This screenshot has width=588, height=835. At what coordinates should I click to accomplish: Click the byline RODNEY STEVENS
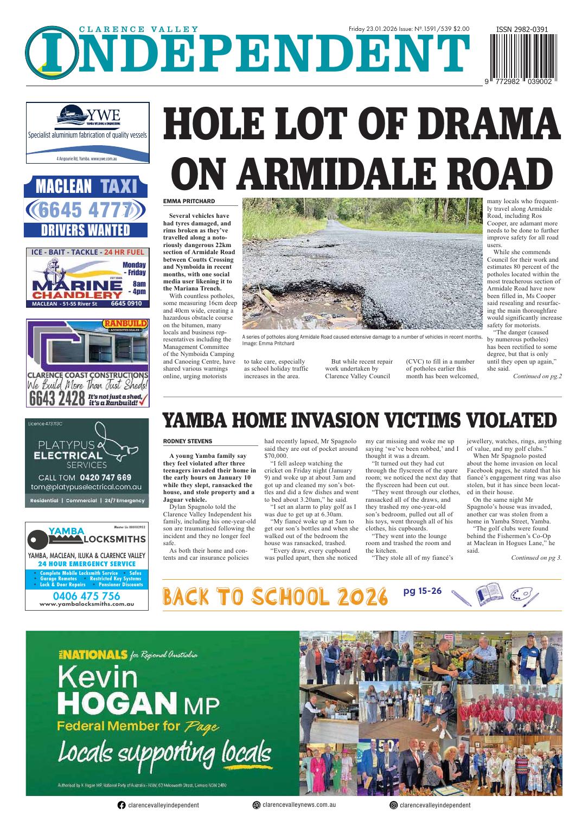coord(188,442)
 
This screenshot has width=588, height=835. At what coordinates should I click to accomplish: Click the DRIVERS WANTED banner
coord(86,230)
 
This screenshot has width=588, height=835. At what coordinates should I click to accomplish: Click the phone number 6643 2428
coord(56,398)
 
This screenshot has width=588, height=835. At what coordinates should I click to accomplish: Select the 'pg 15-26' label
coord(423,591)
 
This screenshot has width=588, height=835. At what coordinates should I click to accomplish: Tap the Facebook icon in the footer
coord(122,805)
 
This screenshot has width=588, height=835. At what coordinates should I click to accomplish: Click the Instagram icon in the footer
coord(393,805)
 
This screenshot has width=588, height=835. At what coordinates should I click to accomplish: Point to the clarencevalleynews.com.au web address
coord(298,805)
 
